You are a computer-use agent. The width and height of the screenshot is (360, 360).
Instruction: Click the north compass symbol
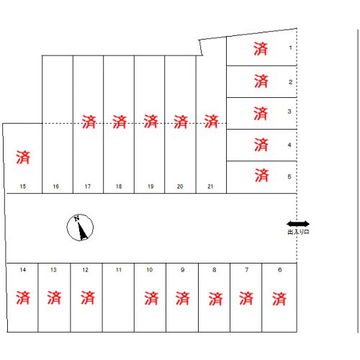pyautogui.click(x=80, y=228)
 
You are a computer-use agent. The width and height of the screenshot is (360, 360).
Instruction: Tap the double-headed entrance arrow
pyautogui.click(x=298, y=224)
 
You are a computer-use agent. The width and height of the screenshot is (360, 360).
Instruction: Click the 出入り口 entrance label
pyautogui.click(x=298, y=232)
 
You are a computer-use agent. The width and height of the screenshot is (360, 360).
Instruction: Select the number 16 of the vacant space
pyautogui.click(x=56, y=186)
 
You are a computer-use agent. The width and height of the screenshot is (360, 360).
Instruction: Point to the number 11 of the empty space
pyautogui.click(x=119, y=270)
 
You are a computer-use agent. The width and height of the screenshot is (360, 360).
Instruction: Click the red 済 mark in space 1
pyautogui.click(x=261, y=49)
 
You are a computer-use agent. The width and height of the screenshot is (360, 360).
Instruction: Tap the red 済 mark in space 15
pyautogui.click(x=23, y=158)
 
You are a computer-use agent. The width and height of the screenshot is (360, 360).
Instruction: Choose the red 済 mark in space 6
pyautogui.click(x=279, y=299)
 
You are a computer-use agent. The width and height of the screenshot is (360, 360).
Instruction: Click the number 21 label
pyautogui.click(x=210, y=186)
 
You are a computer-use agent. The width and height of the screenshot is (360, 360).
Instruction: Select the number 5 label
pyautogui.click(x=289, y=176)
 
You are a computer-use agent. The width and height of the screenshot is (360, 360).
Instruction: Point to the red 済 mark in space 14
pyautogui.click(x=23, y=297)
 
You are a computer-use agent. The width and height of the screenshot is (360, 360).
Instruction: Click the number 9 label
pyautogui.click(x=183, y=270)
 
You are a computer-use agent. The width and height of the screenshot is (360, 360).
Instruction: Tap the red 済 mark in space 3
pyautogui.click(x=261, y=114)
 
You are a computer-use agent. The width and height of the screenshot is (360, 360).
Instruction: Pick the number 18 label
pyautogui.click(x=119, y=186)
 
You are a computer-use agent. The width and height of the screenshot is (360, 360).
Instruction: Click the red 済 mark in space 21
pyautogui.click(x=211, y=122)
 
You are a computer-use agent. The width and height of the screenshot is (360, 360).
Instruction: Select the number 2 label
pyautogui.click(x=290, y=82)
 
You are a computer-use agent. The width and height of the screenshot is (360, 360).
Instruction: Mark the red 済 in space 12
pyautogui.click(x=88, y=297)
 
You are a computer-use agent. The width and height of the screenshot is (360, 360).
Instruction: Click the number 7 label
pyautogui.click(x=247, y=270)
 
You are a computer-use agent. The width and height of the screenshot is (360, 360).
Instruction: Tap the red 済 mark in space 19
pyautogui.click(x=150, y=122)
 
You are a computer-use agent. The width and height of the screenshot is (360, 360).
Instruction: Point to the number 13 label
pyautogui.click(x=53, y=270)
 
